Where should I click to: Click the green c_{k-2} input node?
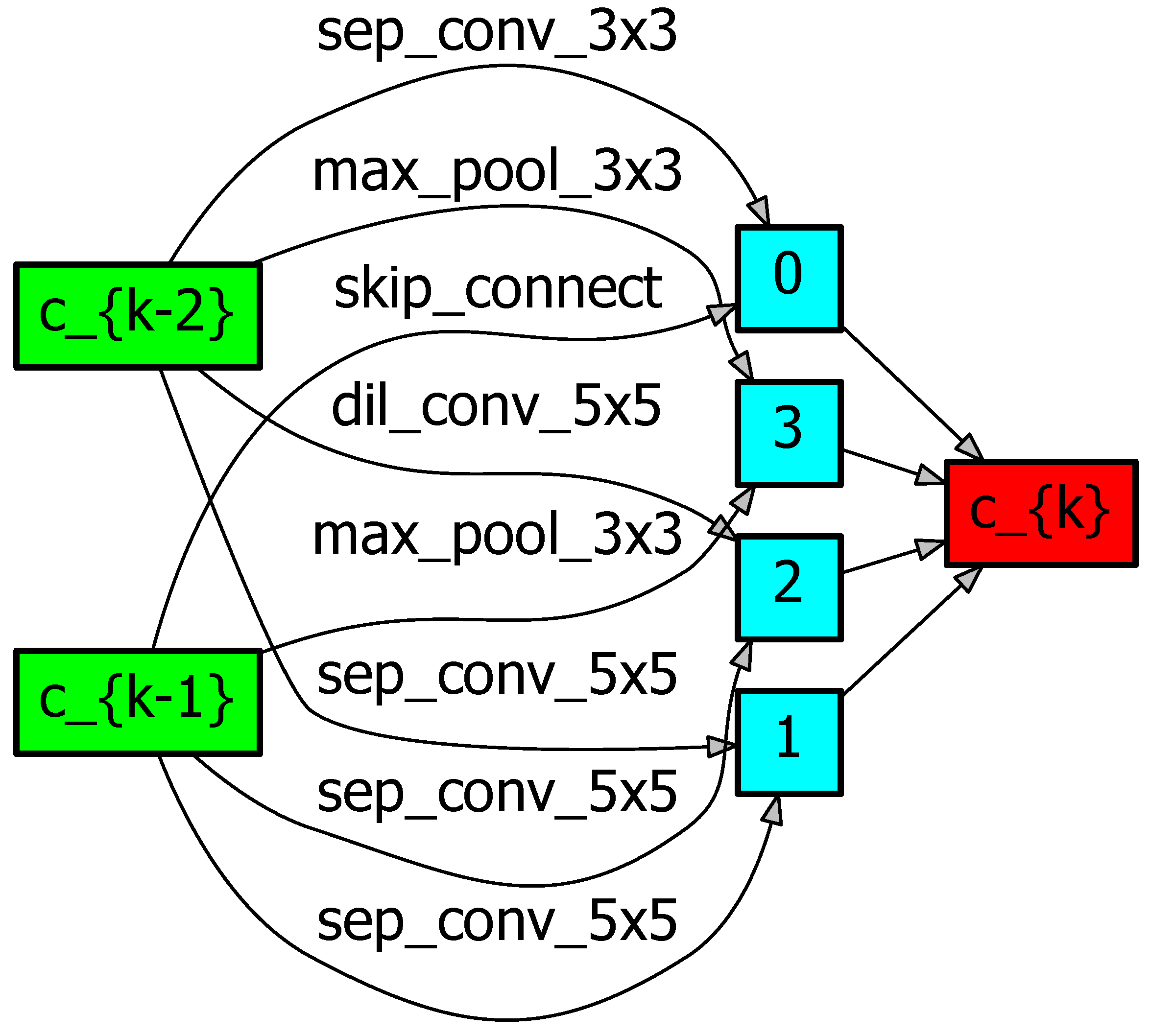138,316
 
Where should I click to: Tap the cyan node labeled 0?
789,279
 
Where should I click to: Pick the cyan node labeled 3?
789,433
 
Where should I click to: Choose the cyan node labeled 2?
789,588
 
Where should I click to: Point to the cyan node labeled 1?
789,743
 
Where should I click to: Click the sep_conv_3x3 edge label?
496,32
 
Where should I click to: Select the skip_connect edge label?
497,289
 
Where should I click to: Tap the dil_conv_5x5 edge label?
496,406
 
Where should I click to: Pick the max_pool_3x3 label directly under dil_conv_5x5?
496,535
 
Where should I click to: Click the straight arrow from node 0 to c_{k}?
911,392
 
